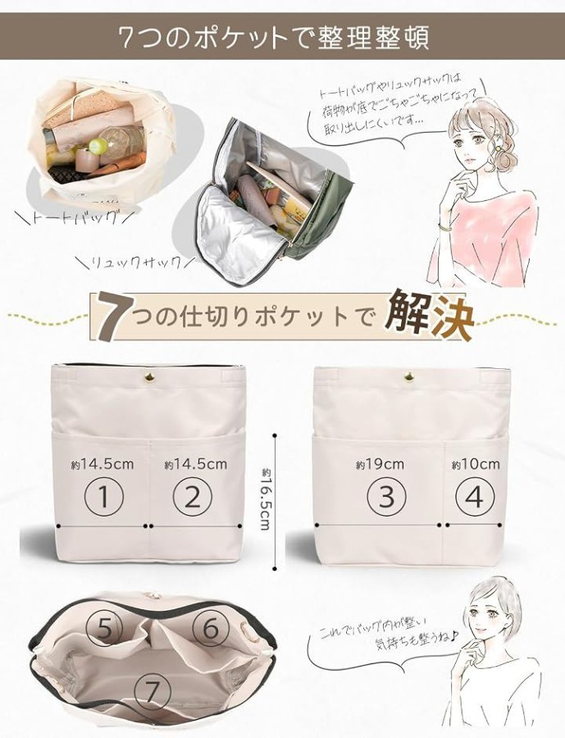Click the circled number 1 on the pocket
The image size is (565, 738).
pos(104,496)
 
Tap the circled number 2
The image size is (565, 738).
pos(193,496)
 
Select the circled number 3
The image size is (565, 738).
pos(386,496)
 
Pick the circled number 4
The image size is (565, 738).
pos(476,496)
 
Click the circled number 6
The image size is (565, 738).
pos(210,627)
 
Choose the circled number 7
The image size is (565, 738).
pos(152,691)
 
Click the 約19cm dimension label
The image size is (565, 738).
pos(380,465)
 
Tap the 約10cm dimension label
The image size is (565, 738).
pos(476,465)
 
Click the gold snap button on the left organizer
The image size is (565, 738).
pos(151,376)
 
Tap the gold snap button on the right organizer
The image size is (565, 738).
pos(408,376)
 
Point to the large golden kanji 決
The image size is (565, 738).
pos(452,316)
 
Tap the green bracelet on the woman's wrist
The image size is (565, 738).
pos(445,228)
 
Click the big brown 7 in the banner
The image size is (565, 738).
pos(112,317)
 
